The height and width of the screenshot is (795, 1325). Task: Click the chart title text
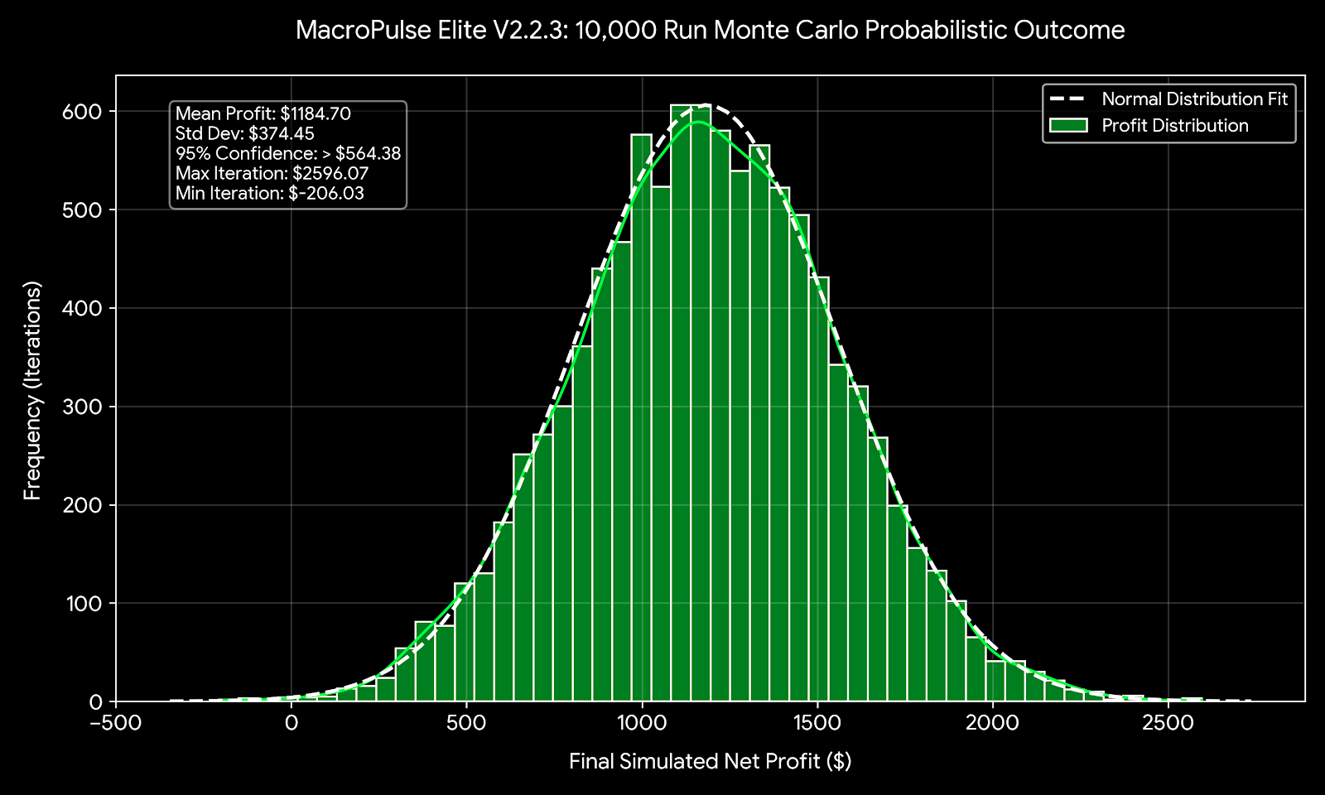tap(710, 31)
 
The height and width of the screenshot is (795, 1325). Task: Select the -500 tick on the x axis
tap(115, 723)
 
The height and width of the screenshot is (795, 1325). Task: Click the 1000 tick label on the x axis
tap(642, 723)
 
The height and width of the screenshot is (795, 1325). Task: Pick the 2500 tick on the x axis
tap(1168, 723)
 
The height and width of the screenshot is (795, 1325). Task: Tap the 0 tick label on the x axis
tap(291, 723)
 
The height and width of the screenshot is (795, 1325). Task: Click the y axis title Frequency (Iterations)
tap(32, 390)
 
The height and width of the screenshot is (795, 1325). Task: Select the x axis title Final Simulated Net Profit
tap(710, 761)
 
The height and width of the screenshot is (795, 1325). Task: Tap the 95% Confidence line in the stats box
tap(287, 154)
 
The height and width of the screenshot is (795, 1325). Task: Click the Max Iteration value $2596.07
tap(330, 174)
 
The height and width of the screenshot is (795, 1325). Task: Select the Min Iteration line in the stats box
tap(269, 194)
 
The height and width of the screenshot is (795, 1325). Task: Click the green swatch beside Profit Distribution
tap(1067, 126)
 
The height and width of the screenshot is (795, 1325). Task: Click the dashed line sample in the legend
tap(1067, 99)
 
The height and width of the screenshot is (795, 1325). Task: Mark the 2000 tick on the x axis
tap(992, 723)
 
